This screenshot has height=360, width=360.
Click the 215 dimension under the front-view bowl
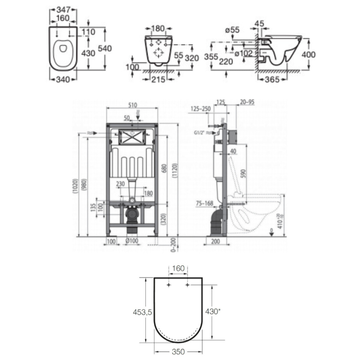(x=158, y=79)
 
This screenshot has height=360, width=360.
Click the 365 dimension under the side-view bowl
(x=272, y=79)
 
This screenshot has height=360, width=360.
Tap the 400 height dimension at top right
(x=308, y=54)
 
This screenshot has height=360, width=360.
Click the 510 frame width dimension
(x=132, y=105)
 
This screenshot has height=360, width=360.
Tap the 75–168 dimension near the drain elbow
(x=204, y=203)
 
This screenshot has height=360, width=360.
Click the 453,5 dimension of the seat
(x=142, y=312)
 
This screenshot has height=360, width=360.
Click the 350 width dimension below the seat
(x=178, y=352)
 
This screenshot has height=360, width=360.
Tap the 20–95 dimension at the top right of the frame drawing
(x=247, y=102)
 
